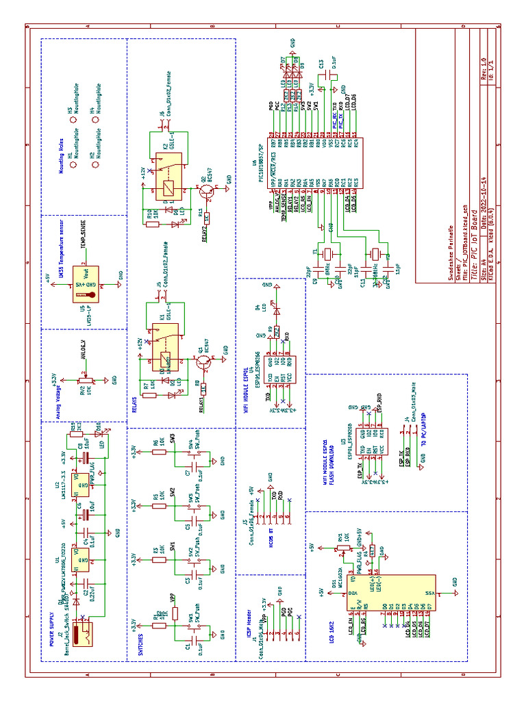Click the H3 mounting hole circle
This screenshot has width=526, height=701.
[74, 118]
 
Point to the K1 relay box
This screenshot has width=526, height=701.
[164, 350]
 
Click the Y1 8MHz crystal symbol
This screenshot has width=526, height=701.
[327, 253]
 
